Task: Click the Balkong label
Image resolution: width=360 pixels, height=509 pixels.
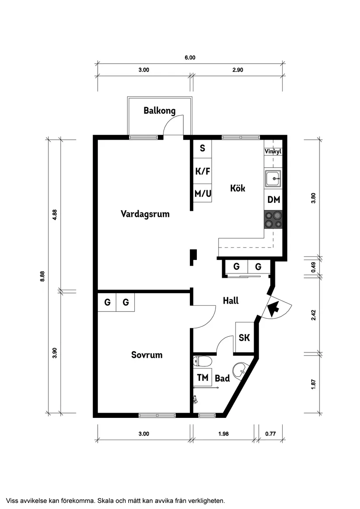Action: (x=159, y=111)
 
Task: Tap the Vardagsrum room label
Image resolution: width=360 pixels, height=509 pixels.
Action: (x=145, y=214)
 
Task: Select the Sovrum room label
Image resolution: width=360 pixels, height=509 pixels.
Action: (x=147, y=355)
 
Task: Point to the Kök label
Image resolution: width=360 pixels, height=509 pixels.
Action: (x=238, y=188)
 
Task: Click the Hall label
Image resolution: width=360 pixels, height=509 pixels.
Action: (x=230, y=301)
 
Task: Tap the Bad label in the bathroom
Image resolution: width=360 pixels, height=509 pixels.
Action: (x=222, y=379)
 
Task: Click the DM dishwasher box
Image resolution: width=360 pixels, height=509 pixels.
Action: (x=274, y=200)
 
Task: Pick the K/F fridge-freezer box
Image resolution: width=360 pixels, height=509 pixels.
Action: (x=202, y=171)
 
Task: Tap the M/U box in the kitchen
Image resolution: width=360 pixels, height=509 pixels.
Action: (x=202, y=193)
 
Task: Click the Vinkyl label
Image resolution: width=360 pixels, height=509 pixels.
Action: (x=273, y=152)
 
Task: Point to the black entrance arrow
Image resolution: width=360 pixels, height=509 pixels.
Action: (x=273, y=309)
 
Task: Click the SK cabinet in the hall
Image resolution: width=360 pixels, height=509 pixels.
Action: (x=244, y=338)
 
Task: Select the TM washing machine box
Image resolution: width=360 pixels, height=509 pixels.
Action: (x=202, y=378)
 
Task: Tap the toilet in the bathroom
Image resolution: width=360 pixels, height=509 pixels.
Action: (x=202, y=361)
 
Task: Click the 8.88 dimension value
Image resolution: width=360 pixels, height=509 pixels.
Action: (x=42, y=277)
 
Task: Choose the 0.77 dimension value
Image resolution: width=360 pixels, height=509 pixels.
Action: (x=271, y=434)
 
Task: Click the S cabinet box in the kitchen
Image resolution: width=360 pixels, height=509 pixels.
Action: (x=202, y=148)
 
